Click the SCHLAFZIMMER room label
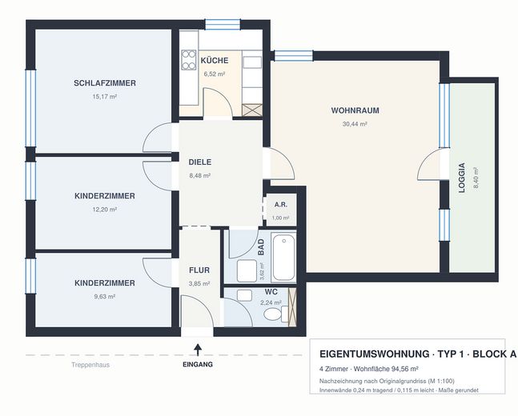pos(105,83)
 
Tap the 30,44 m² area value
pos(355,124)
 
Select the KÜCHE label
pos(215,61)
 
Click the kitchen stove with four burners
pos(188,60)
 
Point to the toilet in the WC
pos(275,314)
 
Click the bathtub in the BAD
pos(283,258)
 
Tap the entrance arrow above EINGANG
pos(198,350)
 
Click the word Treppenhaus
pos(90,365)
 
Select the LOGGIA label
pos(462,178)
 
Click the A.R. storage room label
pos(281,205)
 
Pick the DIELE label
pos(200,162)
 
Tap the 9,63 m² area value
pos(105,297)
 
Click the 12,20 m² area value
pos(105,210)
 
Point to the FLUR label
pos(199,270)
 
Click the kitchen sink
pos(252,62)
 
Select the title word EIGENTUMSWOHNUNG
pos(374,354)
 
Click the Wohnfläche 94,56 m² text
pos(386,369)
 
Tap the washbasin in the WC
pos(244,295)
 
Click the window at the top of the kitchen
pos(223,25)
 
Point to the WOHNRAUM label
pos(355,110)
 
